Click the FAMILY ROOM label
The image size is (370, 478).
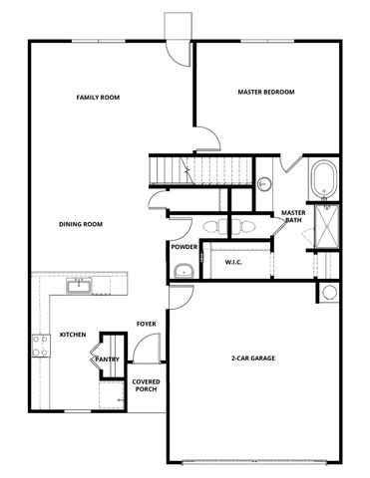point(98,98)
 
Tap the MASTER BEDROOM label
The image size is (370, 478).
point(265,92)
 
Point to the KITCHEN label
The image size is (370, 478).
point(72,334)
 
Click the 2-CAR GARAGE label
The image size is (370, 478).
point(252,358)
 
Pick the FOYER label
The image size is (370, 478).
point(146,325)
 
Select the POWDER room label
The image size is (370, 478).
point(184,246)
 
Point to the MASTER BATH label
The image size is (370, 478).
point(292,217)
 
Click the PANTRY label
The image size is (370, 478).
point(108,359)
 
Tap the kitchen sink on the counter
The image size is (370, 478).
point(79,287)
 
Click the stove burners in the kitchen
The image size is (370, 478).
point(42,346)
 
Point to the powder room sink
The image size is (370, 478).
point(183,270)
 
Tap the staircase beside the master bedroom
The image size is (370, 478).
point(172,169)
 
